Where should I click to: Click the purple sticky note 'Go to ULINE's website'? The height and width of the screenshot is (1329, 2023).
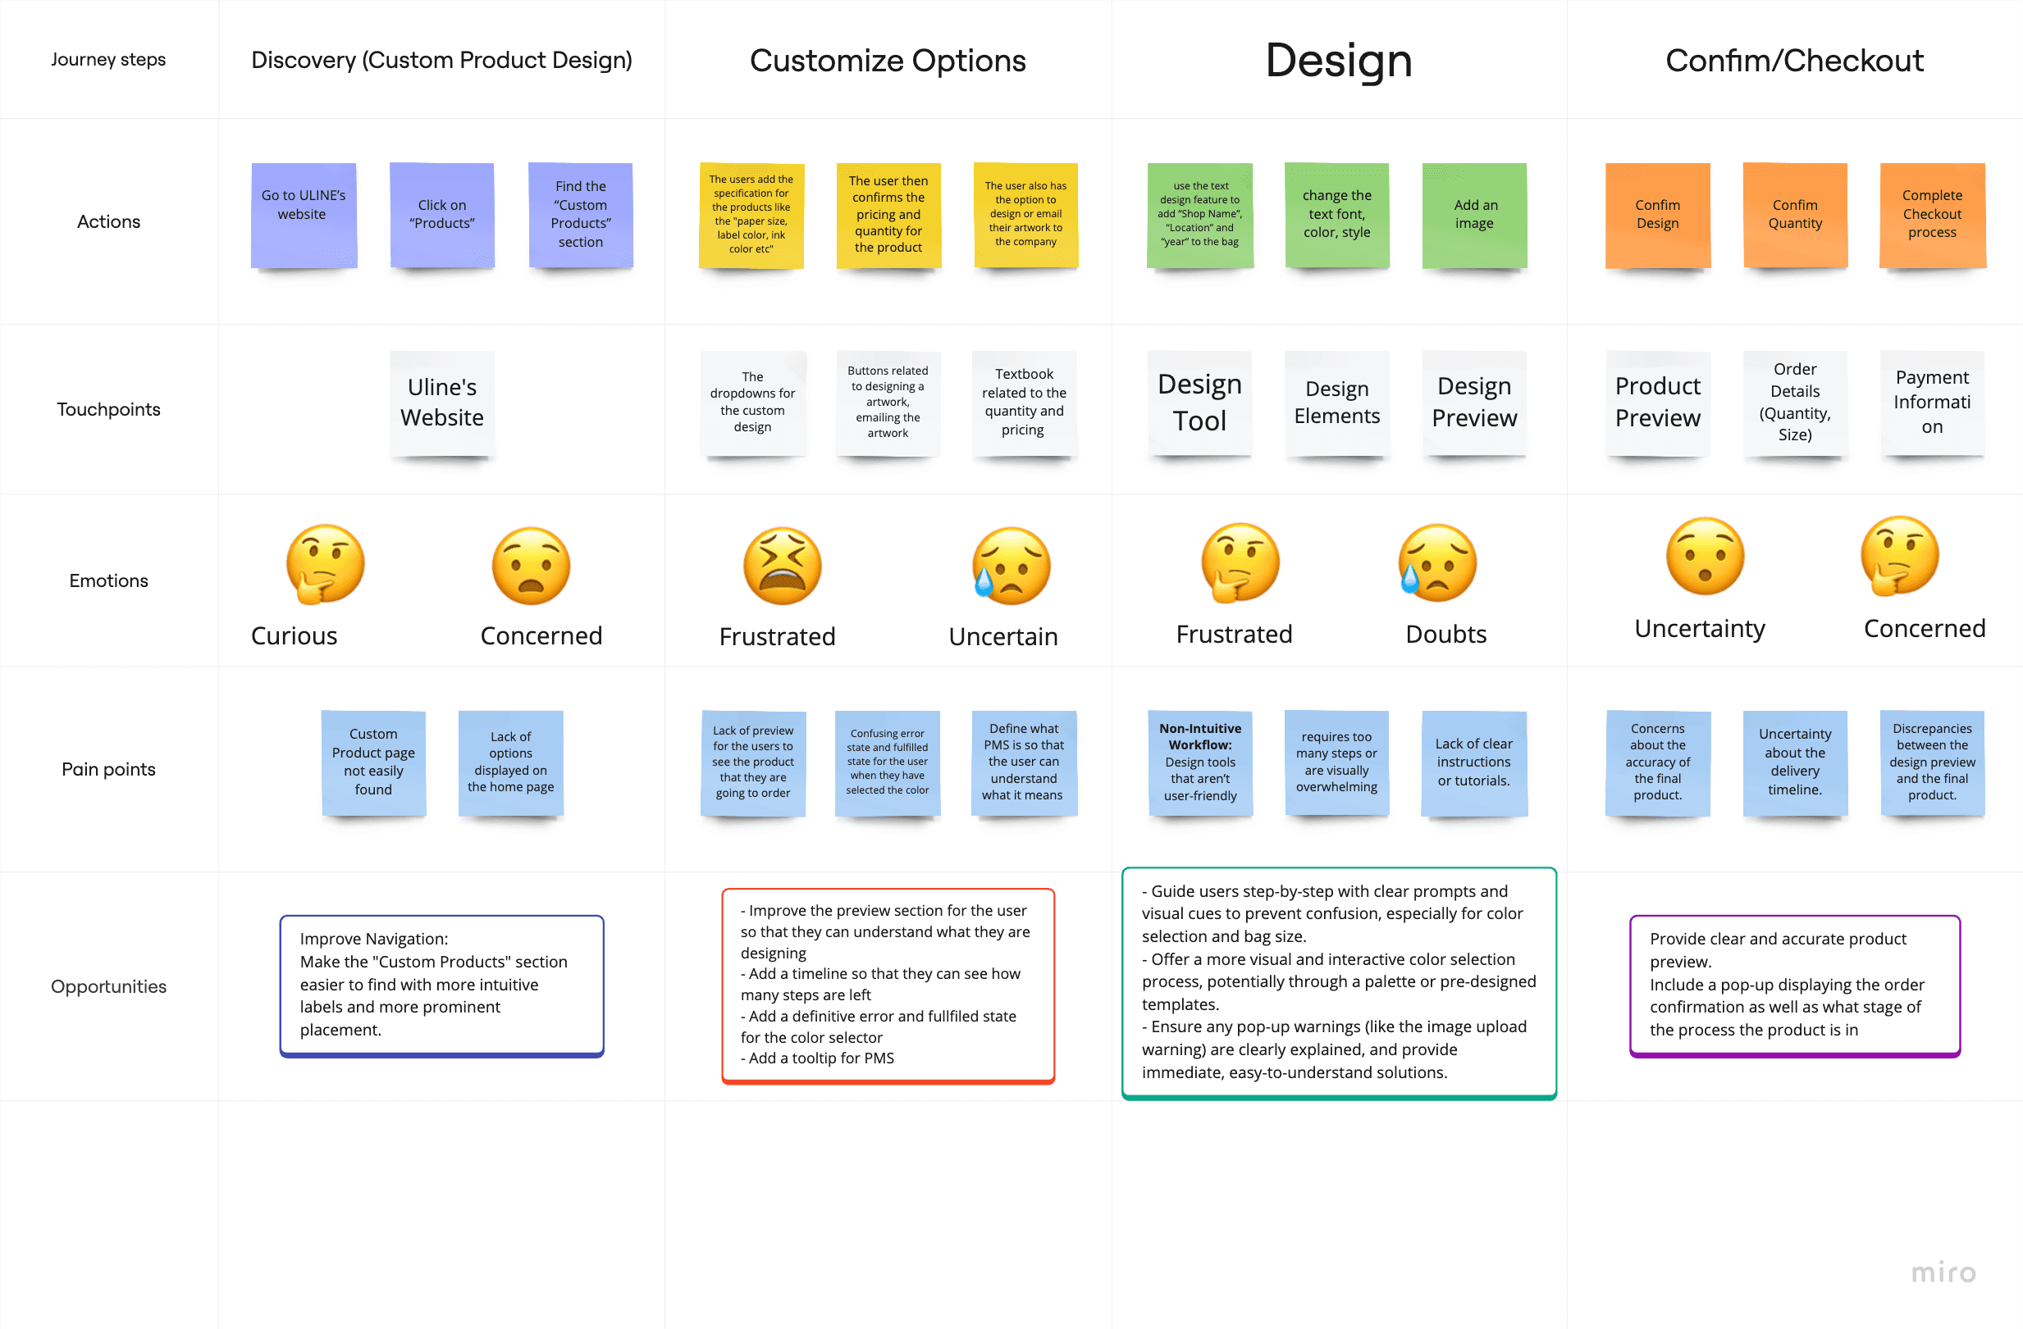pos(304,216)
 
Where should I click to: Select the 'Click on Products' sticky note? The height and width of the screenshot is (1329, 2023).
pos(442,216)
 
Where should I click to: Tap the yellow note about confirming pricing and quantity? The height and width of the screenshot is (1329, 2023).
pos(888,216)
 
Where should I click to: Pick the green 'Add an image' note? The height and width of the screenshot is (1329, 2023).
pos(1474,216)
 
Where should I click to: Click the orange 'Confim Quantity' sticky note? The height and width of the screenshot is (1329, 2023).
pos(1794,216)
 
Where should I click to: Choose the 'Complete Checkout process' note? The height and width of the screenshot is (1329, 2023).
pos(1932,216)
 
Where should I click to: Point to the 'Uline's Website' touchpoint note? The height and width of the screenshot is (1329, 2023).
pos(442,403)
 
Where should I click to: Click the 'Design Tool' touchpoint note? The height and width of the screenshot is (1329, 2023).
pos(1199,403)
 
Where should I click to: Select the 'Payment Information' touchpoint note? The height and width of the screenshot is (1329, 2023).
pos(1932,403)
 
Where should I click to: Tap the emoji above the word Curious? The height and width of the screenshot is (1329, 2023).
pos(326,564)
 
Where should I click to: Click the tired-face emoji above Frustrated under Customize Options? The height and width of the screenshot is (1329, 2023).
pos(782,566)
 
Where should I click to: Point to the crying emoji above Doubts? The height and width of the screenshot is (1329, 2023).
pos(1437,562)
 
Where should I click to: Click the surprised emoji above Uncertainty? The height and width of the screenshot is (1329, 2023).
pos(1705,557)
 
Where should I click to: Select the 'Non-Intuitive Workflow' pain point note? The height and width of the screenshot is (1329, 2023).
pos(1200,762)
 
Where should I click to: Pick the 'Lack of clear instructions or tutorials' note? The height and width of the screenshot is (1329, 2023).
pos(1474,762)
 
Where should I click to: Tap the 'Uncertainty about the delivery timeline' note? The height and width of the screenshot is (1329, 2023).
pos(1794,762)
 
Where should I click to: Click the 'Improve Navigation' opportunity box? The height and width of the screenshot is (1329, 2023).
pos(442,985)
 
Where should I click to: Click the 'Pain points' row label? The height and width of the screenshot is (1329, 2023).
pos(109,769)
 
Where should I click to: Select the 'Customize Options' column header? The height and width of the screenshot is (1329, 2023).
pos(888,61)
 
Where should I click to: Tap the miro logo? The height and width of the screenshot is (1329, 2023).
pos(1943,1272)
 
